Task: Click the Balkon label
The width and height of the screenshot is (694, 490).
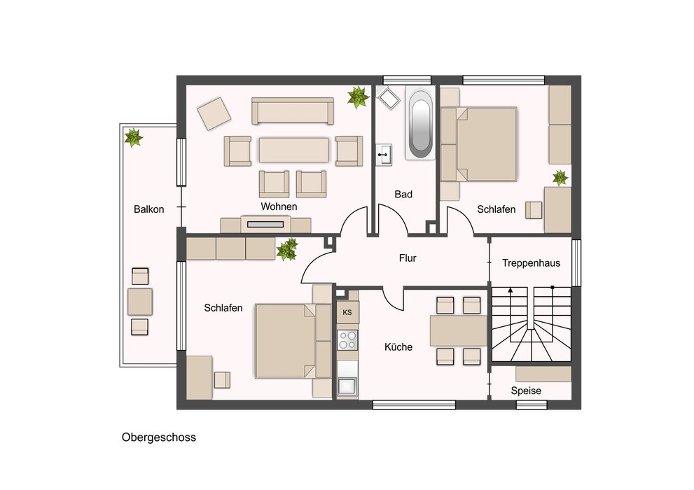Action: coord(148,209)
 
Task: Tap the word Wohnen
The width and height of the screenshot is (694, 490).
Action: coord(279,206)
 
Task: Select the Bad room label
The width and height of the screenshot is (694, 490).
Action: coord(403,194)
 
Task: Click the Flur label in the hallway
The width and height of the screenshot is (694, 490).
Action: coord(408,258)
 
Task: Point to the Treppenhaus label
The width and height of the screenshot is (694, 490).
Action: coord(531,263)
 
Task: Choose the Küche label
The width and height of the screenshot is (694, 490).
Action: coord(398,347)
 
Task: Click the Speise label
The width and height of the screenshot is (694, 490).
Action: coord(526,391)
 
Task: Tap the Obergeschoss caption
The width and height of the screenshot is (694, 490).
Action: coord(159,437)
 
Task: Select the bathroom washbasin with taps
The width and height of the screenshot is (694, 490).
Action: coord(384,154)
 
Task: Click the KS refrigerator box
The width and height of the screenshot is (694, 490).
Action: coord(347,312)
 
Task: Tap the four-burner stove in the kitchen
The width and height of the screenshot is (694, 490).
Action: coord(347,340)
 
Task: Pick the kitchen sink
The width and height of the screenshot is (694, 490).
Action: coord(347,386)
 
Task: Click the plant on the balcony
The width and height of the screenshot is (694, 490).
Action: coord(133,137)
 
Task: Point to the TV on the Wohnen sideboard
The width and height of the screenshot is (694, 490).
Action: coord(265,225)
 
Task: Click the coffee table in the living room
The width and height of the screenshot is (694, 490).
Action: coord(294,150)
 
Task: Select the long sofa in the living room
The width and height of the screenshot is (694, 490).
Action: coord(293,111)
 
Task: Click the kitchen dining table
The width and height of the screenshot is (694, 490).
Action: coord(459,330)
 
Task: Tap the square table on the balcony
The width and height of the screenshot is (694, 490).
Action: coord(140,302)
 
